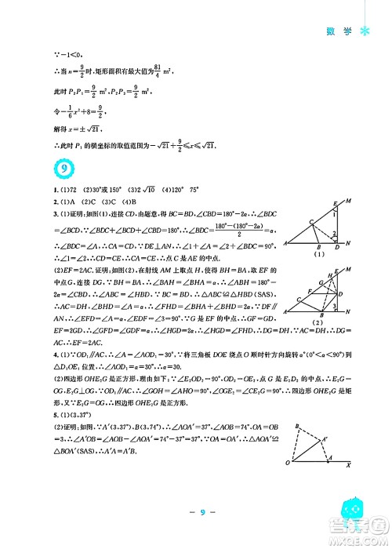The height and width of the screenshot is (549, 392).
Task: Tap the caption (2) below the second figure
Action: pos(318,323)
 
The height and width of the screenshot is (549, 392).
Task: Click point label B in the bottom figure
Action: pos(299,426)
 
